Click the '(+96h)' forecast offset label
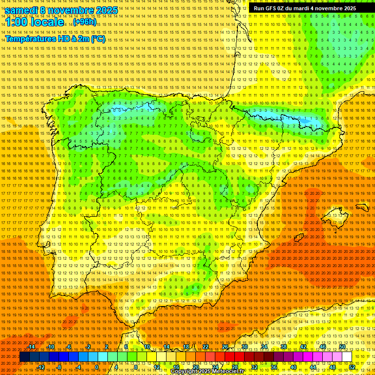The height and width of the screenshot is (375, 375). (x=84, y=22)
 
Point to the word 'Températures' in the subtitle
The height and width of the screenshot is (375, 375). (x=30, y=39)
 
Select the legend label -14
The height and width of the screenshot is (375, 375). (x=32, y=347)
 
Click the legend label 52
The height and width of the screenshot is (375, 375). (x=352, y=367)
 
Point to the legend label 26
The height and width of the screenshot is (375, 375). (x=225, y=347)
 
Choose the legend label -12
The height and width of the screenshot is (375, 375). (x=41, y=367)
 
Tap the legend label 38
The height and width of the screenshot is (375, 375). (x=283, y=347)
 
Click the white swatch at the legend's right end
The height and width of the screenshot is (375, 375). (x=347, y=357)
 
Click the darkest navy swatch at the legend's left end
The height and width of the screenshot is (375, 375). (x=24, y=357)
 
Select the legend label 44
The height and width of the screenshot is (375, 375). (x=313, y=367)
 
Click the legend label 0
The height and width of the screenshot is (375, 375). (x=97, y=367)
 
